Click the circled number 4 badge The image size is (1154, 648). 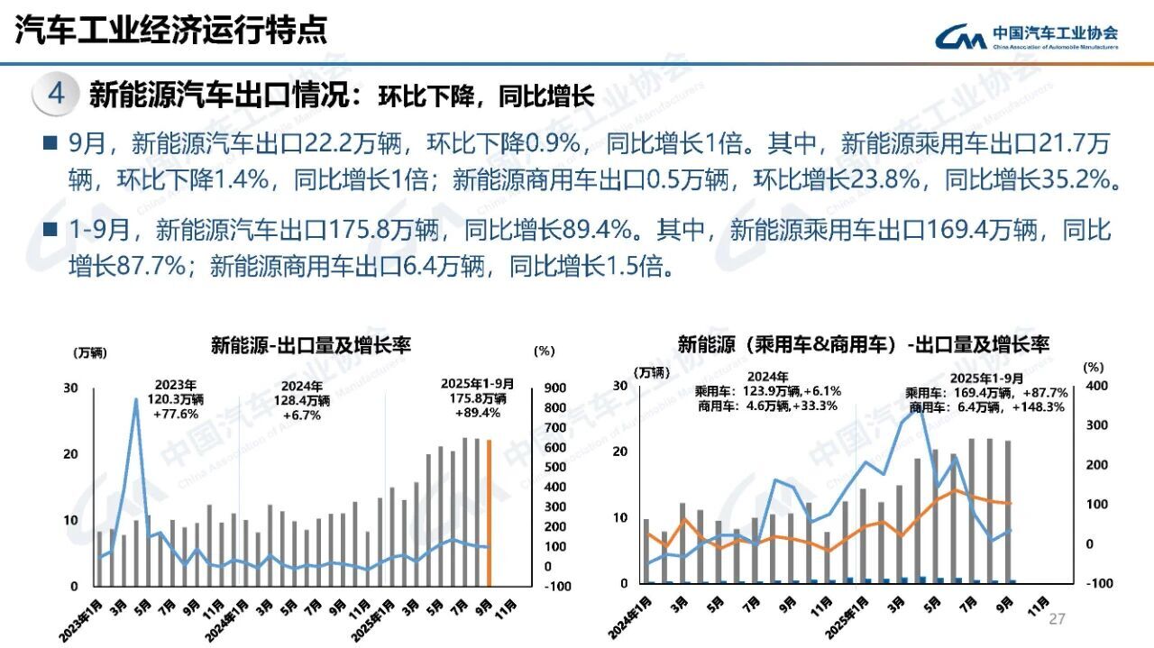[56, 94]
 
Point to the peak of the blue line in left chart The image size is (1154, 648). [136, 399]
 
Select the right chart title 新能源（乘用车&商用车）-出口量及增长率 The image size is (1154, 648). [863, 345]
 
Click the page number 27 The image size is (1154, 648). [1057, 619]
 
